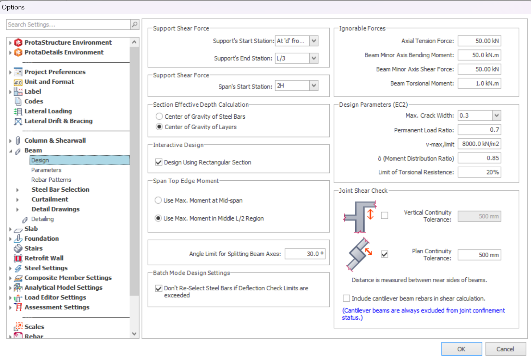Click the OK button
461,349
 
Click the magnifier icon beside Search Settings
135,24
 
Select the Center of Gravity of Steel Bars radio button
159,116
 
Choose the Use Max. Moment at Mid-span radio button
158,200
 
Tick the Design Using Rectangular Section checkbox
159,162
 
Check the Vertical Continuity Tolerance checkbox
384,215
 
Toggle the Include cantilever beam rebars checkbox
346,298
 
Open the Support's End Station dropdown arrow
314,58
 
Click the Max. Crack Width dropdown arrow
497,115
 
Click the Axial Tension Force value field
479,41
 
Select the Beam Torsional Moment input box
479,83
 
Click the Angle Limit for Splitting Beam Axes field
305,254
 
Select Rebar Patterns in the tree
51,180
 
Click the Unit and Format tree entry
49,82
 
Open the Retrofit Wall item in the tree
44,258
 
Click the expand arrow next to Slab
10,229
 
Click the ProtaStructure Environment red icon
18,42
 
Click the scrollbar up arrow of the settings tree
134,42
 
